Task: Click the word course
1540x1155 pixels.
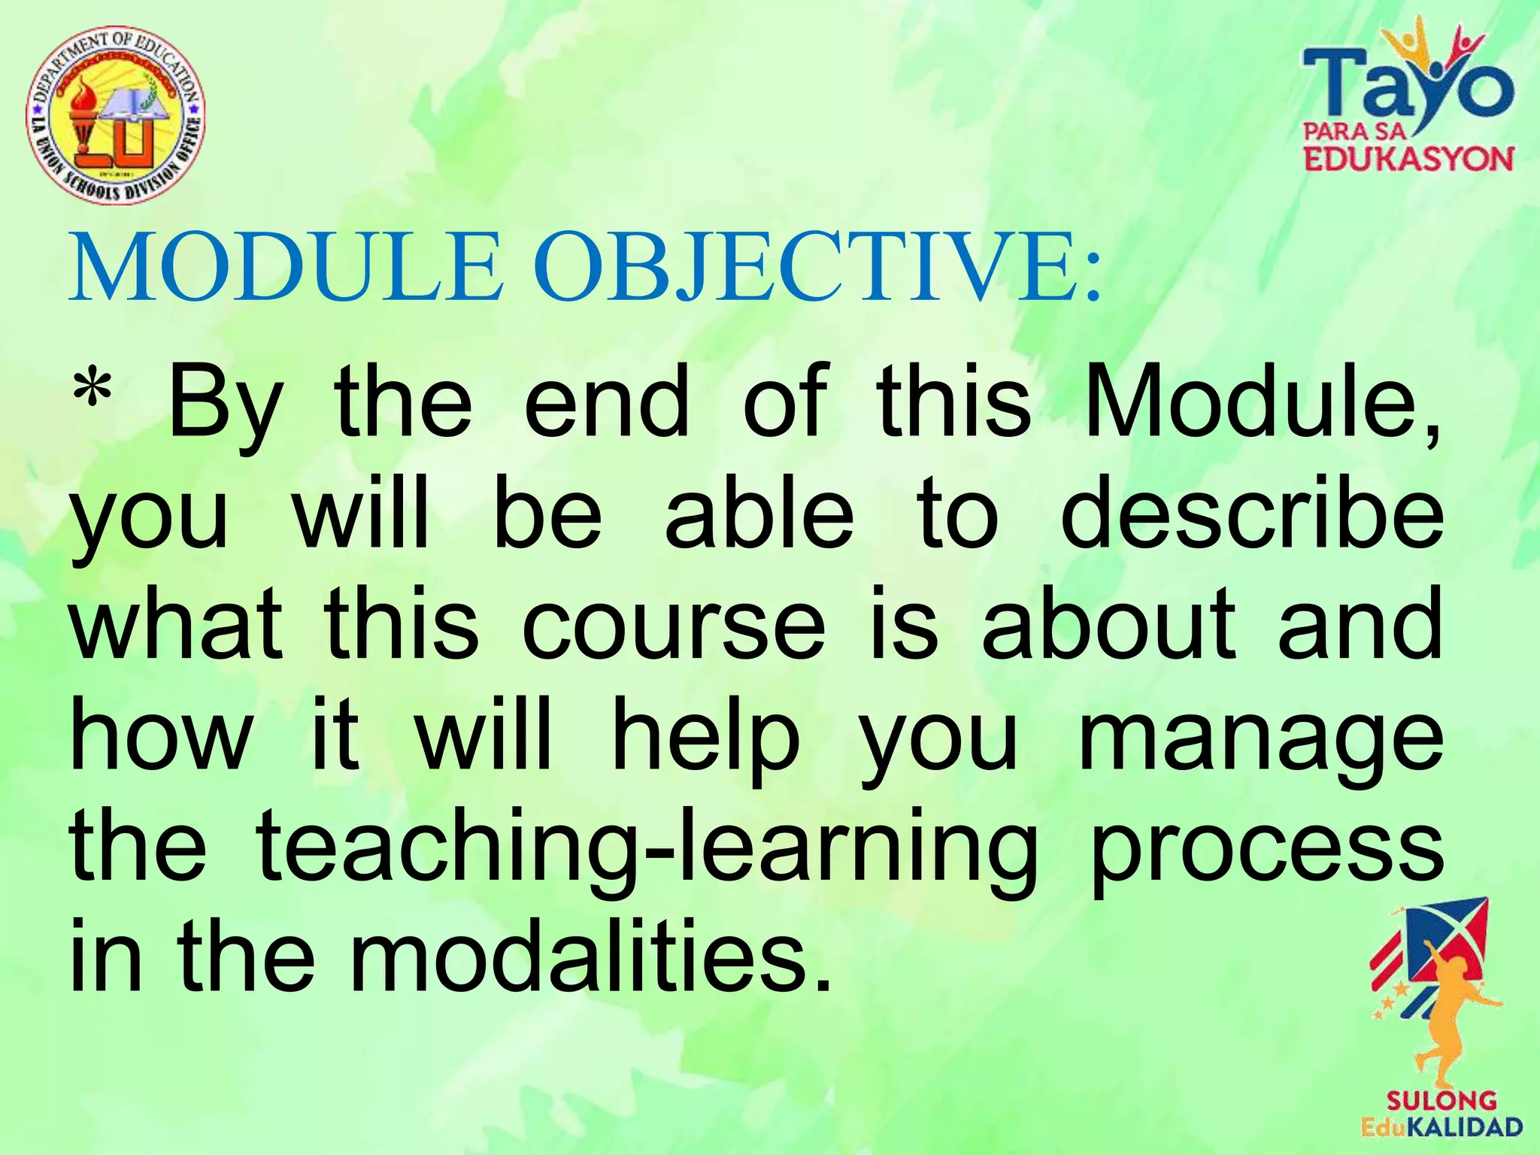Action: (674, 624)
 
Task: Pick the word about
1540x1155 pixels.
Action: (1110, 624)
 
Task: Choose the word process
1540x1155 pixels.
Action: (1266, 853)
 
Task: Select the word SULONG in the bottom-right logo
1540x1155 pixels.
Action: (1441, 1102)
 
